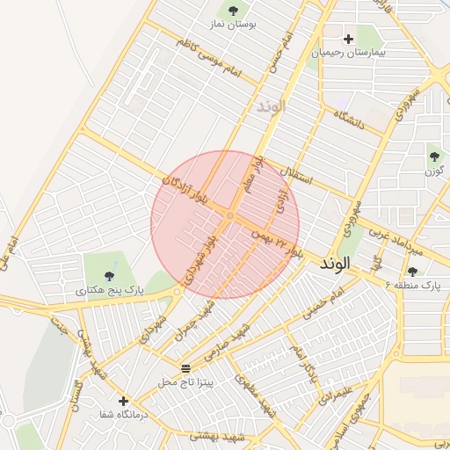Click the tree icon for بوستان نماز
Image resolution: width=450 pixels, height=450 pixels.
click(x=233, y=11)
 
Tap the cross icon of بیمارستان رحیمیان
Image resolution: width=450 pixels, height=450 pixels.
click(x=349, y=39)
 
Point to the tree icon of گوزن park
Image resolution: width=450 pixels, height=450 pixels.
click(x=433, y=156)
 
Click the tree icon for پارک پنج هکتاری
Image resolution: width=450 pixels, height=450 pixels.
click(x=109, y=277)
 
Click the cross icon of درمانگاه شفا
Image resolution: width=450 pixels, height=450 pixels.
click(x=123, y=401)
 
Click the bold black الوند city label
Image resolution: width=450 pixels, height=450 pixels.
click(x=336, y=263)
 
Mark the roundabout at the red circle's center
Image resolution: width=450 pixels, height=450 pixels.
click(x=229, y=215)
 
